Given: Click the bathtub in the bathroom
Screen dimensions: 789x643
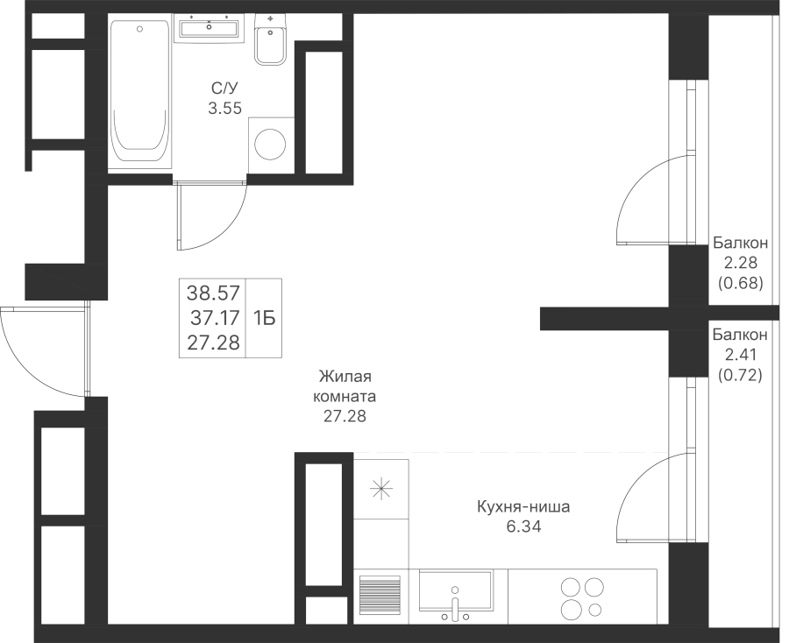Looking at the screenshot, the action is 139,94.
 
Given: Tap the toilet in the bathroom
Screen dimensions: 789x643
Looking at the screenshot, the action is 270,40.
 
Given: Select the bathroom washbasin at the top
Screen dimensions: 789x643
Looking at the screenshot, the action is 209,27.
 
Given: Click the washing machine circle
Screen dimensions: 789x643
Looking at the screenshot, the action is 270,145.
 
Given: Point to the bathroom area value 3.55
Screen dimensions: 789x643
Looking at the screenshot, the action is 225,108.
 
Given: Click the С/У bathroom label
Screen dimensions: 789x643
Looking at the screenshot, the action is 224,88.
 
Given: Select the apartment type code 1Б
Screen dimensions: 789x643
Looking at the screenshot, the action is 264,318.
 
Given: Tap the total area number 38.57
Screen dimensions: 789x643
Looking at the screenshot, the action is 213,292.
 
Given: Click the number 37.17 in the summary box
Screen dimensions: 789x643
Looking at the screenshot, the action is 215,318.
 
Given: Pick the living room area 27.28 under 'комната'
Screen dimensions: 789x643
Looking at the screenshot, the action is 345,417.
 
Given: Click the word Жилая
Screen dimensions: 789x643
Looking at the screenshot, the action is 345,376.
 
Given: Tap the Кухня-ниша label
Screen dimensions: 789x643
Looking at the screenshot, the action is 523,506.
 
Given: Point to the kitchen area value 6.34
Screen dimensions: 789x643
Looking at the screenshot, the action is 524,526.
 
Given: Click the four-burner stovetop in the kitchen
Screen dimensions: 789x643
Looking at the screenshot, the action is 582,597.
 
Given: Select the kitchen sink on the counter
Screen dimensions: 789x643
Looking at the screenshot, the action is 455,597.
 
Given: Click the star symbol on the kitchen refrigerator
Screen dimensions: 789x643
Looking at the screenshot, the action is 381,489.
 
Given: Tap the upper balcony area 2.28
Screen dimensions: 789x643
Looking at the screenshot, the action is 741,263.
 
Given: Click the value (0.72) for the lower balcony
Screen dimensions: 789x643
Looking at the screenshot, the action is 740,375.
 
